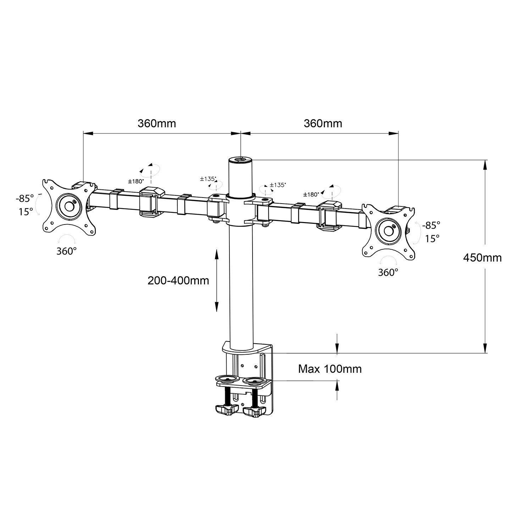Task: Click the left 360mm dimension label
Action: coord(157,123)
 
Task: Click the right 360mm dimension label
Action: coord(323,123)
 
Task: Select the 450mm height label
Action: coord(482,257)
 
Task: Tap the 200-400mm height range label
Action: coord(178,281)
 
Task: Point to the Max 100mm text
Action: coord(330,369)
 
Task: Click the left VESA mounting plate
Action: coord(69,205)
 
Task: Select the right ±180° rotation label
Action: coord(311,194)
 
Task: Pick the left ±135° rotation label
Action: coord(208,179)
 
